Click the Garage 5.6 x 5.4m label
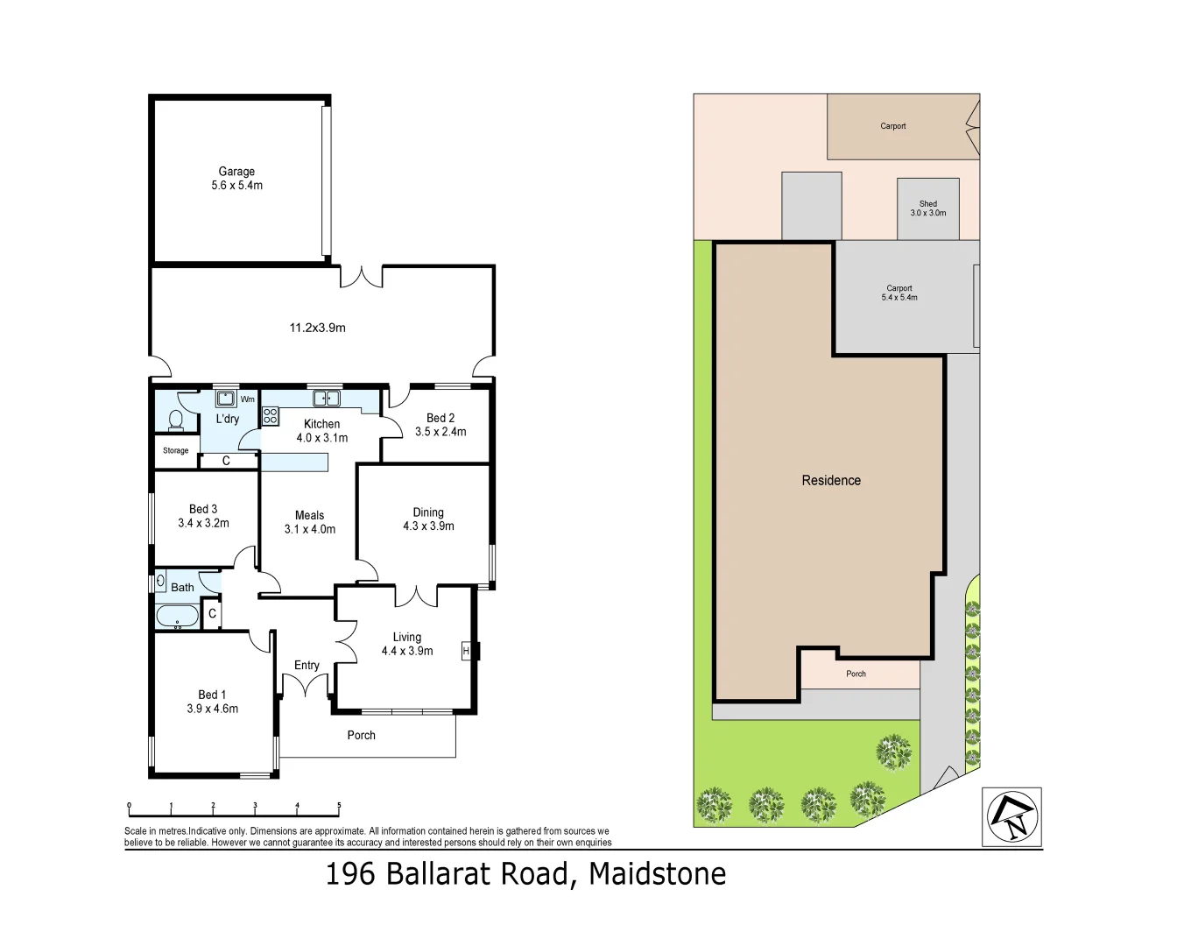click(236, 179)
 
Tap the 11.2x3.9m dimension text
click(317, 328)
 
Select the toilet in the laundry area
click(175, 420)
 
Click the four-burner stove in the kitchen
click(271, 416)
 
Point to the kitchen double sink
click(327, 399)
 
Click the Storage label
click(175, 451)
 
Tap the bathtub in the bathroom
click(178, 617)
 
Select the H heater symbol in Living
click(466, 651)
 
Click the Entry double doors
click(306, 686)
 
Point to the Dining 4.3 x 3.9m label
click(428, 519)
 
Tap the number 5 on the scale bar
click(339, 806)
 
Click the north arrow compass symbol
click(1011, 816)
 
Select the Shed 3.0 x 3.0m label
click(927, 208)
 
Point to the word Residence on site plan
click(831, 480)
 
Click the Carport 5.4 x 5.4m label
click(899, 293)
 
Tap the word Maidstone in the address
click(657, 874)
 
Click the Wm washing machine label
click(248, 399)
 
